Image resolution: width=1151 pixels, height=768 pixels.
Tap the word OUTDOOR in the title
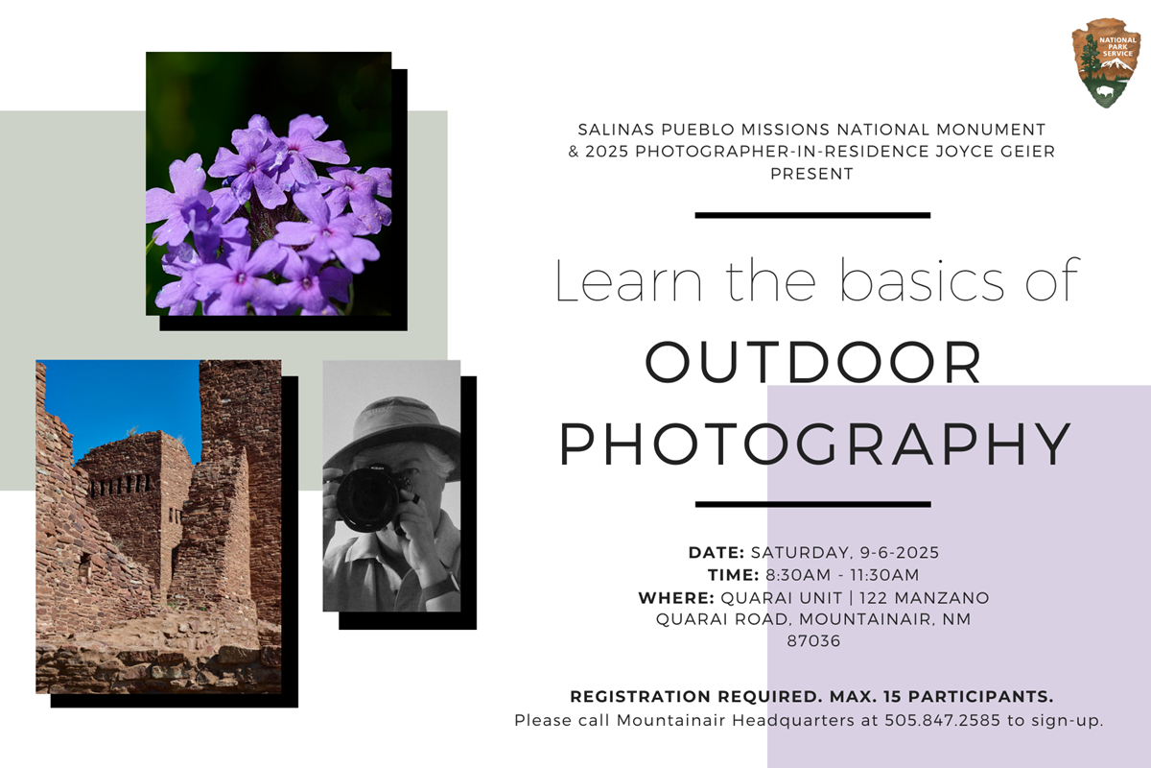tap(813, 362)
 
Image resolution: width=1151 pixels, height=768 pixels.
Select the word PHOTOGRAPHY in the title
tap(813, 443)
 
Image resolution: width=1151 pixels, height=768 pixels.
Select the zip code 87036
tap(813, 641)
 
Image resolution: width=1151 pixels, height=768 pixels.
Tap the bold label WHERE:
tap(675, 598)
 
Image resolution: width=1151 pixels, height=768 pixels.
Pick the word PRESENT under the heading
tap(812, 175)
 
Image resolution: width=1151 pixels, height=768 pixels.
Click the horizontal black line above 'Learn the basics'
tap(812, 215)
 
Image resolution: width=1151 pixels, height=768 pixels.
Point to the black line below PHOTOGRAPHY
tap(812, 503)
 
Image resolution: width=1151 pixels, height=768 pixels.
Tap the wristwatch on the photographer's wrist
tap(443, 583)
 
